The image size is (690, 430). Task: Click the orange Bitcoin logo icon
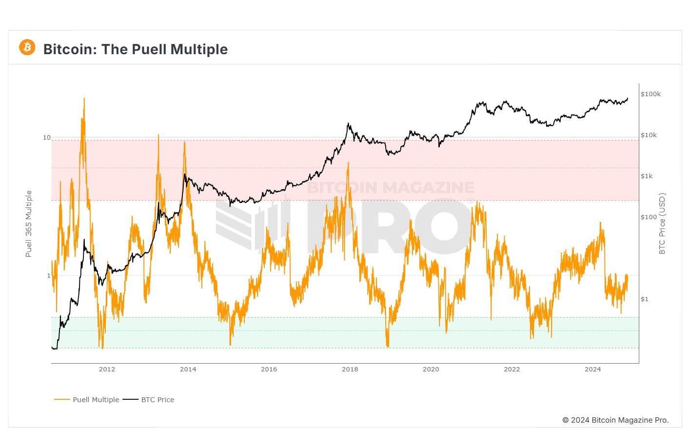[x=27, y=47]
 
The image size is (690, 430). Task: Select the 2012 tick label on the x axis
[x=107, y=369]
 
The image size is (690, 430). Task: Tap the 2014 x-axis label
[x=188, y=369]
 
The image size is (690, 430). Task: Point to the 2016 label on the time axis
[x=269, y=369]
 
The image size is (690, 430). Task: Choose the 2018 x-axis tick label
[x=350, y=369]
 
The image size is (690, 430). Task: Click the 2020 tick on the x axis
[x=431, y=369]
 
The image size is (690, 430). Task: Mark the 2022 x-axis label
[x=512, y=369]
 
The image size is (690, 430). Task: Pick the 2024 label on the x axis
[x=592, y=369]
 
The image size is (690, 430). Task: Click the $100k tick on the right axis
[x=651, y=94]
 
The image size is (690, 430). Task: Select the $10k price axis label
[x=649, y=135]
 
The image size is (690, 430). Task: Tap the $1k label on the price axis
[x=647, y=176]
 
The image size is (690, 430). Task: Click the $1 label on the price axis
[x=645, y=299]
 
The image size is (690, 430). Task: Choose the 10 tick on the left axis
[x=47, y=138]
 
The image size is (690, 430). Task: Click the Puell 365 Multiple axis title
[x=29, y=224]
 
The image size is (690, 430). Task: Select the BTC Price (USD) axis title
[x=662, y=224]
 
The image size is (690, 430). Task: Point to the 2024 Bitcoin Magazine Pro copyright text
[x=615, y=420]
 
